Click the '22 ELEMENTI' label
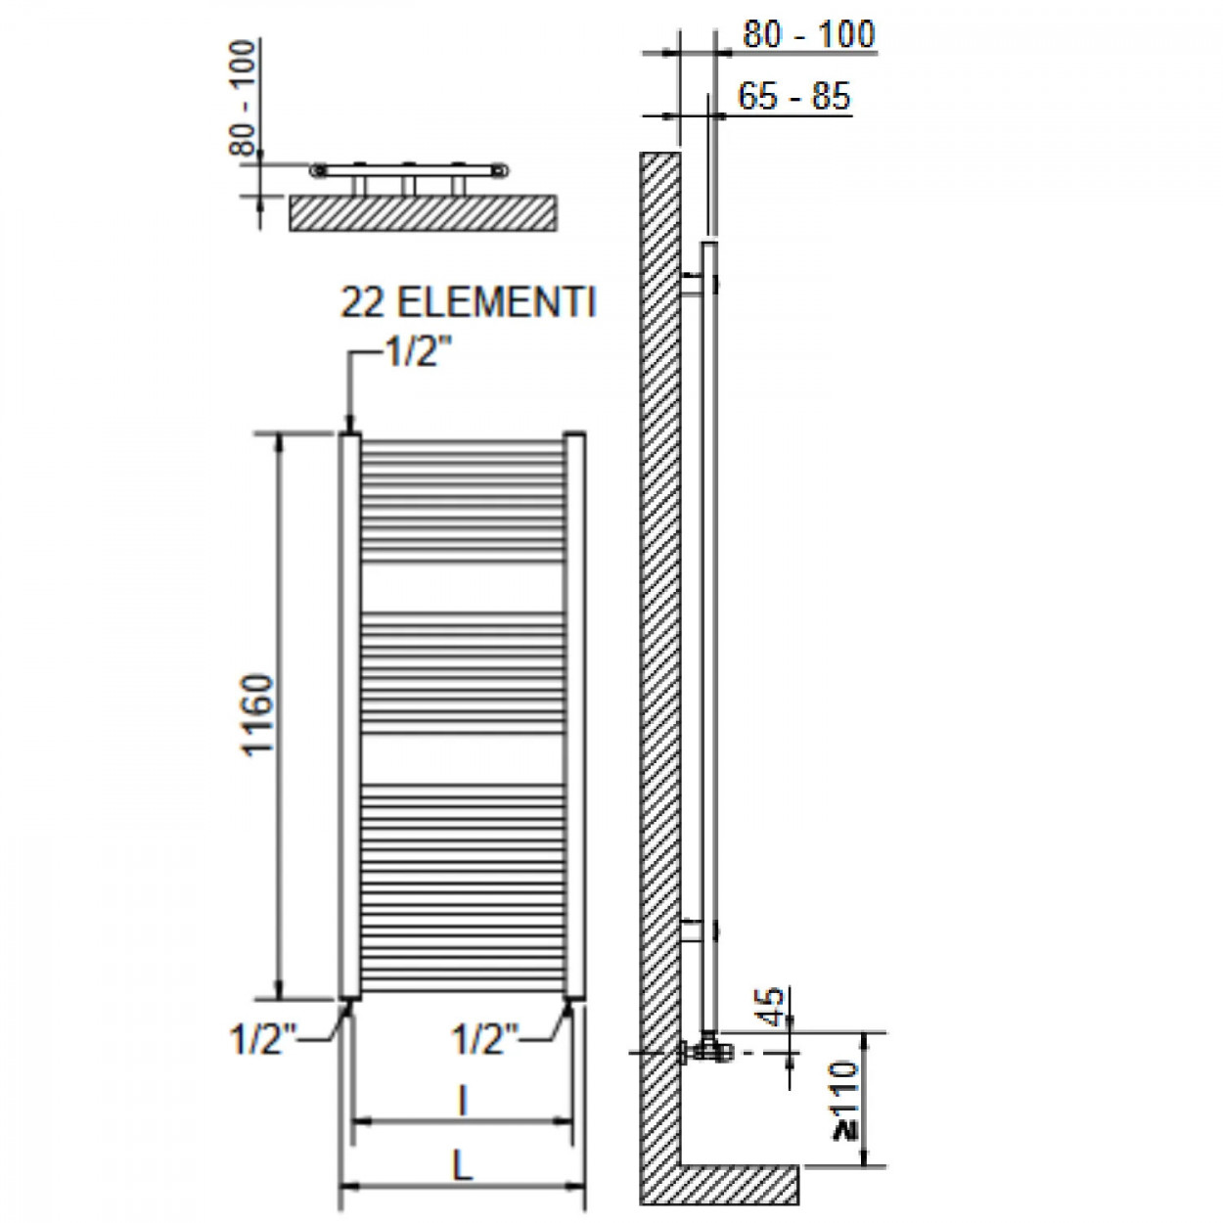coord(469,303)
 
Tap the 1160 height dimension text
coord(258,714)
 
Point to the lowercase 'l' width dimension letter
coord(463,1100)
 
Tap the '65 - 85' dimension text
coord(793,97)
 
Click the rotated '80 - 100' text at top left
coord(242,98)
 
